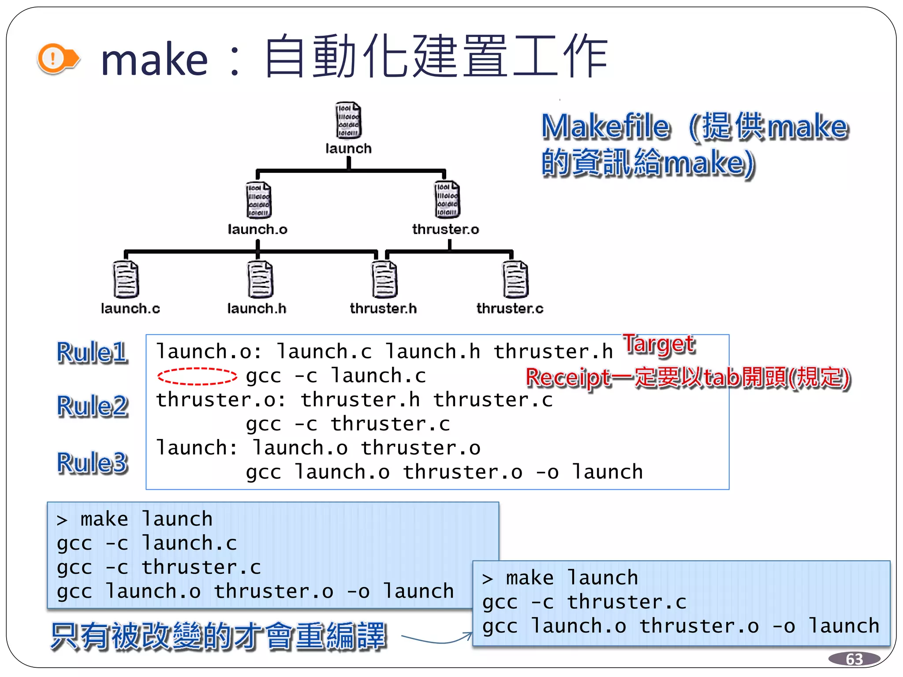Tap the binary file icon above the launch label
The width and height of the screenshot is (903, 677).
tap(348, 121)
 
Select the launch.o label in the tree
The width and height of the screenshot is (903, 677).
tap(257, 229)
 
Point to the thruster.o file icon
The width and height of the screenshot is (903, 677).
tap(447, 200)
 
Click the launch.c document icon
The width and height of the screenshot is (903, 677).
tap(126, 279)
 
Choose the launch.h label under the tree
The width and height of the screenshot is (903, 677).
tap(257, 308)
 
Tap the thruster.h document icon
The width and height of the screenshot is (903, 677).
tap(384, 279)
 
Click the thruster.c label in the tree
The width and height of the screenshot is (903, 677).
tap(510, 308)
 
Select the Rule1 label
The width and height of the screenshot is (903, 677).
tap(92, 353)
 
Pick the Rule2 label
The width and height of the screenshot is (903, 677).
tap(92, 406)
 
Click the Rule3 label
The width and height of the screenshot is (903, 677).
tap(92, 463)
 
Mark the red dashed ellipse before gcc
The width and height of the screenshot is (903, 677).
tap(197, 376)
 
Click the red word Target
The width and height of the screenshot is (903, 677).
tap(659, 344)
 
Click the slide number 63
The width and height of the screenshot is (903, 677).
tap(854, 659)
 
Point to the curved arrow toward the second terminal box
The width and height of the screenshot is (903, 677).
tap(437, 640)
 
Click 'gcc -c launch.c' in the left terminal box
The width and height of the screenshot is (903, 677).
tap(147, 543)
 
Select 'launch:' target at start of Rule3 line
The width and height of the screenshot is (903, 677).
tap(197, 448)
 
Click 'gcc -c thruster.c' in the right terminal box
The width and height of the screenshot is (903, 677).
tap(584, 602)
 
